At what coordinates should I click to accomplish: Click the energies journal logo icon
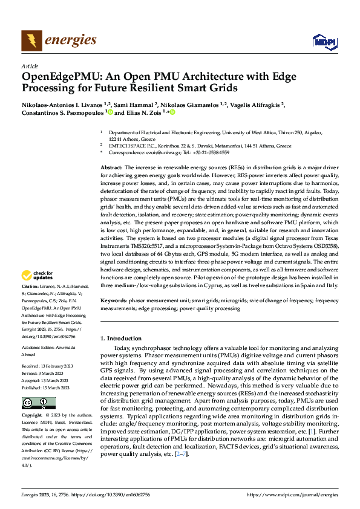pyautogui.click(x=31, y=41)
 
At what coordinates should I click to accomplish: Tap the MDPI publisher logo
pyautogui.click(x=324, y=41)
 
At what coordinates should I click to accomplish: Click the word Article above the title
pyautogui.click(x=29, y=66)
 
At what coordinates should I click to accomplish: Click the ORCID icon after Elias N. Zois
pyautogui.click(x=172, y=112)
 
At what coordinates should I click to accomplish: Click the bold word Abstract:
pyautogui.click(x=111, y=166)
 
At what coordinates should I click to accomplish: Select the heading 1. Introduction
pyautogui.click(x=121, y=338)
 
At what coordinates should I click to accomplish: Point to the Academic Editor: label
pyautogui.click(x=40, y=347)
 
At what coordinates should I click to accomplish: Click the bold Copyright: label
pyautogui.click(x=32, y=416)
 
